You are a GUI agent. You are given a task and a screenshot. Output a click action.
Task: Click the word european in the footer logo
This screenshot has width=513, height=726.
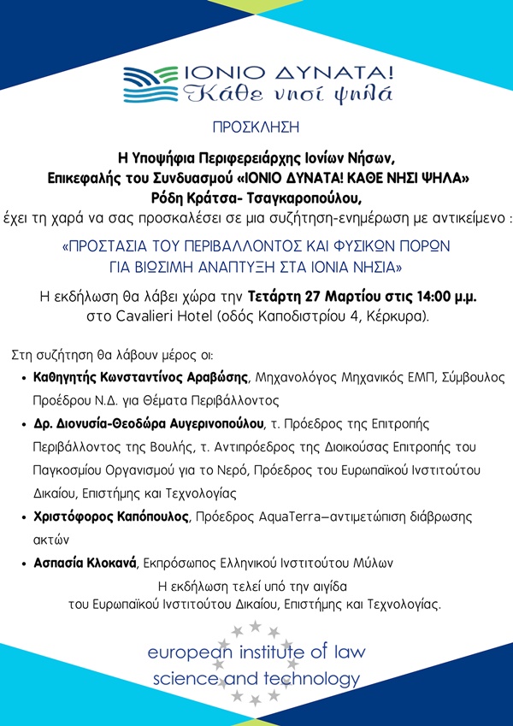click(x=189, y=652)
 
